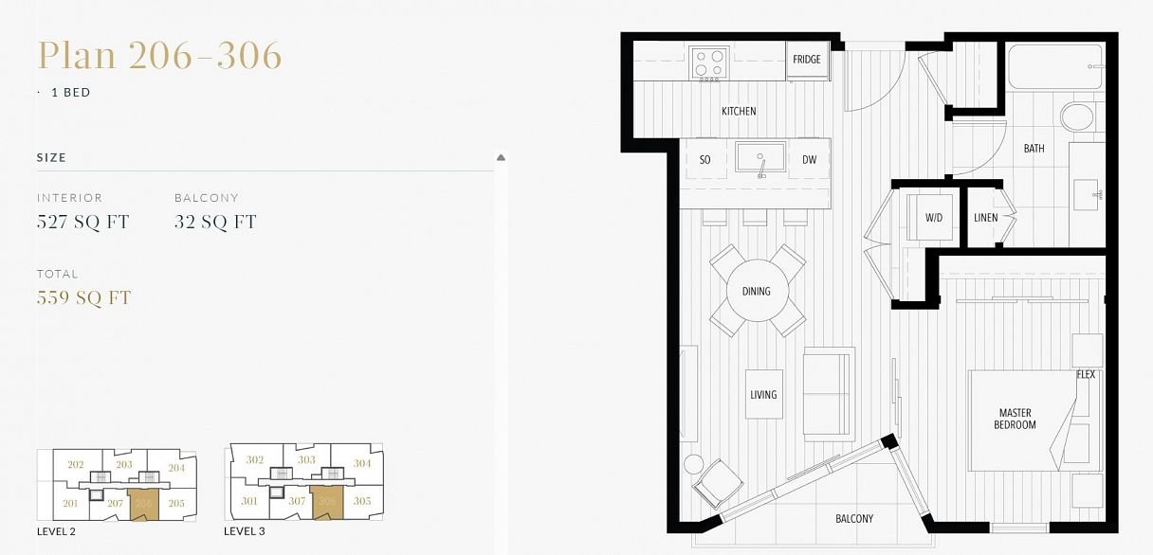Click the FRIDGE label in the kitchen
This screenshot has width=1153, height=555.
[x=807, y=60]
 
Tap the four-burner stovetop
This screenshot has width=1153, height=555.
[x=709, y=63]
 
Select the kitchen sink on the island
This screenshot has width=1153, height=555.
[x=760, y=158]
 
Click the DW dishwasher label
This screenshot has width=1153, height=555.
[x=809, y=160]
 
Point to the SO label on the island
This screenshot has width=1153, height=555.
[x=705, y=160]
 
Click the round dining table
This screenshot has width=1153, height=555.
[x=757, y=291]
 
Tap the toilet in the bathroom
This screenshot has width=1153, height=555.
[x=1077, y=116]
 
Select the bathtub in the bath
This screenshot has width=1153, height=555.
[x=1055, y=67]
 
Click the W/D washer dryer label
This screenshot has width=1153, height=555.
[x=934, y=218]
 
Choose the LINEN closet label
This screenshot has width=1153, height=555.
[x=986, y=218]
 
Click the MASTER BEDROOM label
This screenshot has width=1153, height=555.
[x=1016, y=419]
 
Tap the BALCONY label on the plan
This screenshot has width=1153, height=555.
[x=854, y=518]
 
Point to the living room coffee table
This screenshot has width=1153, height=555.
[x=764, y=394]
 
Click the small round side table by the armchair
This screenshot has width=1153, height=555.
[x=693, y=464]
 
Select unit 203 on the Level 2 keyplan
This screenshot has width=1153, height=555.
[x=124, y=464]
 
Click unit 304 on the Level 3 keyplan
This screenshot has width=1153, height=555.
[x=362, y=463]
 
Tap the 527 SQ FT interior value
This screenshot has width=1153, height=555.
[x=82, y=222]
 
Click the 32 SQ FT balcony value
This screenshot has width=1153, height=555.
[x=215, y=222]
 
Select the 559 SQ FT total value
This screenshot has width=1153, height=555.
[x=83, y=297]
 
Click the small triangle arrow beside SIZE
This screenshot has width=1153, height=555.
[x=501, y=157]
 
